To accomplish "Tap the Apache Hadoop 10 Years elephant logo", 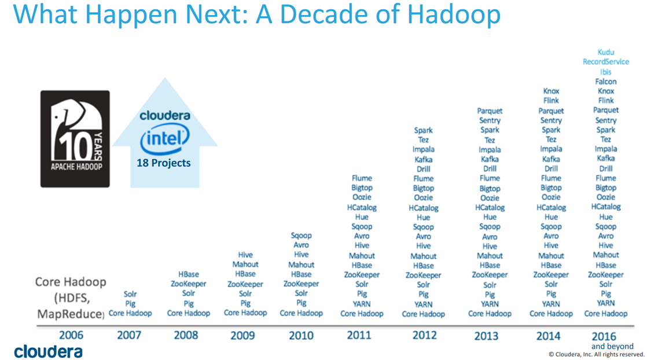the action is pyautogui.click(x=75, y=139).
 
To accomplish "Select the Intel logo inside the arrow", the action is pyautogui.click(x=164, y=139).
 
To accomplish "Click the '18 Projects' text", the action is pyautogui.click(x=164, y=163).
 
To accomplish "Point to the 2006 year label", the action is pyautogui.click(x=71, y=335).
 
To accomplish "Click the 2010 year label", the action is pyautogui.click(x=301, y=336).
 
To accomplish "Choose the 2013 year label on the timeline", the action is pyautogui.click(x=486, y=336).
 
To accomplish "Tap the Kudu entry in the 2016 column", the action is pyautogui.click(x=606, y=52).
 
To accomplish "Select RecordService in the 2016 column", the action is pyautogui.click(x=606, y=61).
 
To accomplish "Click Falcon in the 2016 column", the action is pyautogui.click(x=606, y=82).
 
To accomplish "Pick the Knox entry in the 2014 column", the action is pyautogui.click(x=551, y=91).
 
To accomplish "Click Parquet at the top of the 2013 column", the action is pyautogui.click(x=490, y=111).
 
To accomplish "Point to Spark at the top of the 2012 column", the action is pyautogui.click(x=424, y=130).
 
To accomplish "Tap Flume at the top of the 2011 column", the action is pyautogui.click(x=362, y=178).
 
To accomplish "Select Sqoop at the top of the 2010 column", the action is pyautogui.click(x=301, y=236).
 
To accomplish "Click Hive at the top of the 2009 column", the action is pyautogui.click(x=245, y=255).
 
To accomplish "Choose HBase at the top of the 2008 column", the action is pyautogui.click(x=189, y=274).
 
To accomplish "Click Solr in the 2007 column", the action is pyautogui.click(x=130, y=294).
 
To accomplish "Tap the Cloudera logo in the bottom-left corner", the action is pyautogui.click(x=48, y=351).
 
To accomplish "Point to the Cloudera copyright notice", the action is pyautogui.click(x=596, y=354).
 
